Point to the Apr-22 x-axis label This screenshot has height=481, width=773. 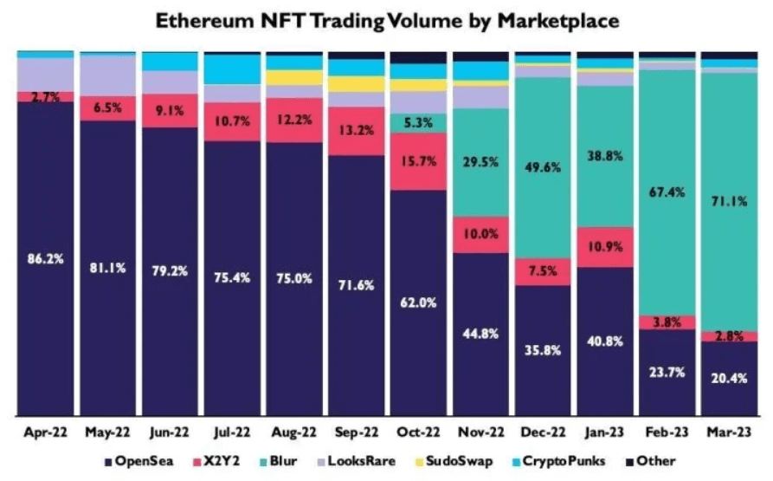tap(45, 432)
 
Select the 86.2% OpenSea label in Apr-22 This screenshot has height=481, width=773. tap(45, 258)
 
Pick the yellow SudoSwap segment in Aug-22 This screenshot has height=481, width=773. tap(294, 77)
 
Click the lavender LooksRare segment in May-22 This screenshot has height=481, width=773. tap(107, 75)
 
